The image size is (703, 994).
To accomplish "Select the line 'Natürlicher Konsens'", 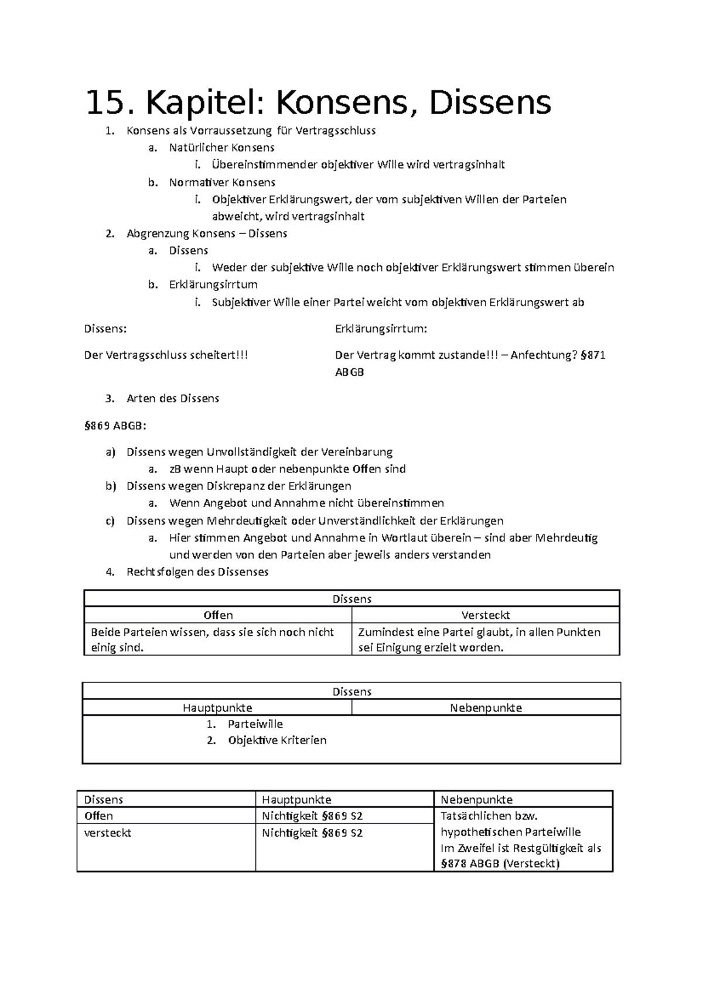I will pos(221,148).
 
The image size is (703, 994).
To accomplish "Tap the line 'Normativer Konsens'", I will pos(222,182).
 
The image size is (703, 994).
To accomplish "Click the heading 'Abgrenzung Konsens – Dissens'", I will pos(206,234).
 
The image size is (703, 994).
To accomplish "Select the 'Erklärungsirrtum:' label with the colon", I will pos(381,328).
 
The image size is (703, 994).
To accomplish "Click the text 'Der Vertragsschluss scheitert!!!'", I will pos(166,355).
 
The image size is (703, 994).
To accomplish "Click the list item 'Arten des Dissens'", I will pos(172,399).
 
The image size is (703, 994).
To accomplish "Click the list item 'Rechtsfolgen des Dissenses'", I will pos(197,572).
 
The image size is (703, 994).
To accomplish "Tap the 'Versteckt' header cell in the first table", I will pos(485,615).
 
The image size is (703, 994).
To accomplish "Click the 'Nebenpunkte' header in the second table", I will pos(485,708).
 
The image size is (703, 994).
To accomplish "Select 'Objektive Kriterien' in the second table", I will pos(277,741).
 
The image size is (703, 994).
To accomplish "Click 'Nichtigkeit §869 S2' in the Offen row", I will pos(312,816).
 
